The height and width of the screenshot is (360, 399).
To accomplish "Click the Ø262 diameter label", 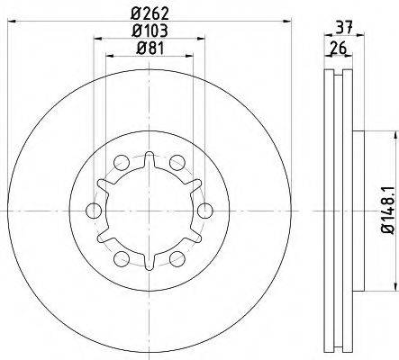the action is coord(150,13).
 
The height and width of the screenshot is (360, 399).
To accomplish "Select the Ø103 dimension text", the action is coord(150,31).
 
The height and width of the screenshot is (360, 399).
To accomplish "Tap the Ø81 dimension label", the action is coord(150,48).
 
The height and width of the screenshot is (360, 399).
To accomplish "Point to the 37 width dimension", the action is coord(344,28).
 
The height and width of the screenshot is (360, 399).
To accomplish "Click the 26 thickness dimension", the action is coord(339,48).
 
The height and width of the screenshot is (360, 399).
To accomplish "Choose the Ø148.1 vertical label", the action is coord(387,210).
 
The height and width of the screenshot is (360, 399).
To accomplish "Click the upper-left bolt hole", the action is coord(122,163).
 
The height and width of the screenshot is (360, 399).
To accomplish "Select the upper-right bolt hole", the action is coord(177,163).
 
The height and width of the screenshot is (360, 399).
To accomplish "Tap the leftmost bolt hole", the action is coord(94,211).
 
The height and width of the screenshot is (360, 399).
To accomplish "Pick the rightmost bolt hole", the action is coord(205,211).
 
